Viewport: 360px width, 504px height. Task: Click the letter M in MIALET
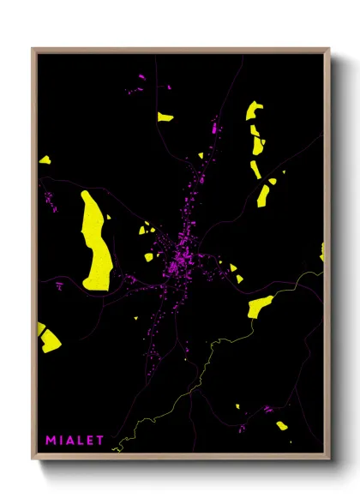51,441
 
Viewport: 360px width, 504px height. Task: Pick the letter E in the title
91,441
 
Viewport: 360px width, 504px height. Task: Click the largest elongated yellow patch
95,241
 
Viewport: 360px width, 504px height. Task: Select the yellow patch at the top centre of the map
164,117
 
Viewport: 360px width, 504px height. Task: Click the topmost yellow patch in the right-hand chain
254,111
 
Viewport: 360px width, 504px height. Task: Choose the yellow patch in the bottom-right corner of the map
282,425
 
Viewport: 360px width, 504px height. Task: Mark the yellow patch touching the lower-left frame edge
46,339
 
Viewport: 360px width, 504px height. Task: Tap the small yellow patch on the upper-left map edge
45,159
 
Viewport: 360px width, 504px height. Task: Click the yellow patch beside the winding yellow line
259,305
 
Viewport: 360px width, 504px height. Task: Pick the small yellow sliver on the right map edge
322,251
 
